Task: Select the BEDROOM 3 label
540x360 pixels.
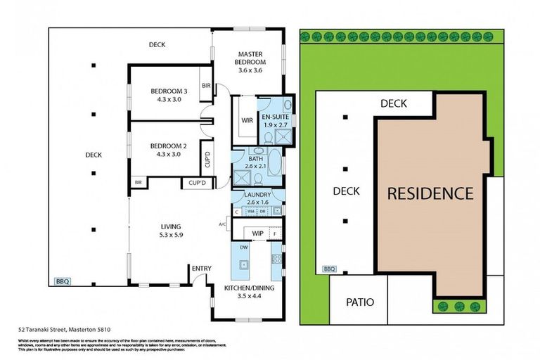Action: pos(169,91)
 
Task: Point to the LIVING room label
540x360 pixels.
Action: pos(171,226)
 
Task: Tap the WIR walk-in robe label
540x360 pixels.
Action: pos(247,120)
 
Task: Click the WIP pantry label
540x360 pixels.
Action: pos(257,232)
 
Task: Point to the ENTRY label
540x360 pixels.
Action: pos(201,268)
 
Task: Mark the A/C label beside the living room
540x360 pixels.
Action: pos(223,225)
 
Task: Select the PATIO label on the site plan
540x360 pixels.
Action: pos(360,302)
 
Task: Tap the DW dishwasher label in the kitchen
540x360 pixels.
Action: pos(243,248)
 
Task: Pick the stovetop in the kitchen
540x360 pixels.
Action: pos(276,259)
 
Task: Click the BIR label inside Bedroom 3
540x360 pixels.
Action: pos(206,85)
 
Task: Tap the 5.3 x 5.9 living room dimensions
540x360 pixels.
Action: pos(171,235)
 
